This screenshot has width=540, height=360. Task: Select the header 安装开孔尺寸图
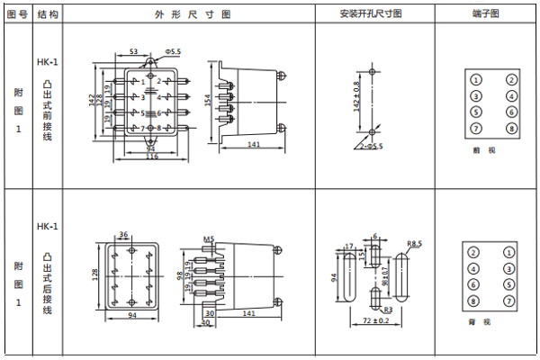[x=371, y=14]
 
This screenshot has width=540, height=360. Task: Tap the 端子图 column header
[x=485, y=14]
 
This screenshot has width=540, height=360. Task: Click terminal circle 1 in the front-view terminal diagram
[x=476, y=78]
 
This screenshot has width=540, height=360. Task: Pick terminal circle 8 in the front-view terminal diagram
[x=511, y=130]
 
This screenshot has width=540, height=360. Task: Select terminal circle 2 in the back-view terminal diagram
[x=476, y=251]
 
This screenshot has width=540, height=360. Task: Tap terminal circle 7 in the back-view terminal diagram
[x=511, y=301]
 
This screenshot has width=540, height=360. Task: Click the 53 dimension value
[x=132, y=53]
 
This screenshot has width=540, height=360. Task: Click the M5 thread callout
[x=208, y=238]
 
